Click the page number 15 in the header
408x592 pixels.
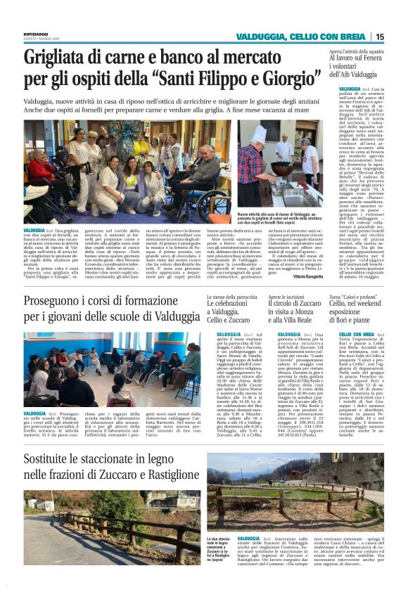[x=379, y=37]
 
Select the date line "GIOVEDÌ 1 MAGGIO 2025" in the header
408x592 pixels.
[x=41, y=39]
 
